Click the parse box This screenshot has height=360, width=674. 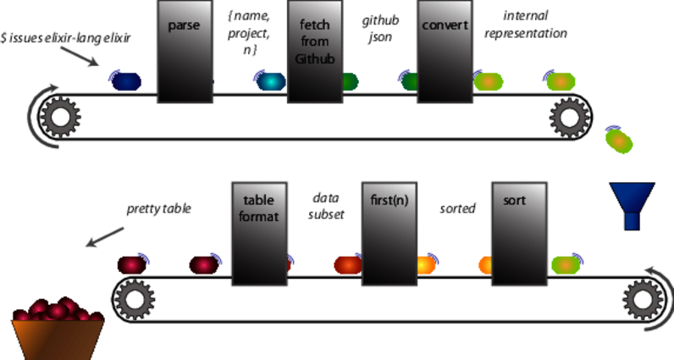click(184, 51)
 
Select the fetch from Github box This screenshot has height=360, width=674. click(315, 51)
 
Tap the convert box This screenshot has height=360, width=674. click(445, 51)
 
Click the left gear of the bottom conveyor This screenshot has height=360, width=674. click(133, 298)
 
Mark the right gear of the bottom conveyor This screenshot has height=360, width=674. click(641, 298)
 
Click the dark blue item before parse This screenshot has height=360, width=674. click(124, 81)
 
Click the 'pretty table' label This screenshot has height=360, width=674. click(158, 208)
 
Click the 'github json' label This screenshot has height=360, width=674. click(380, 25)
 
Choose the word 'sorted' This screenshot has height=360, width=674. click(457, 208)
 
